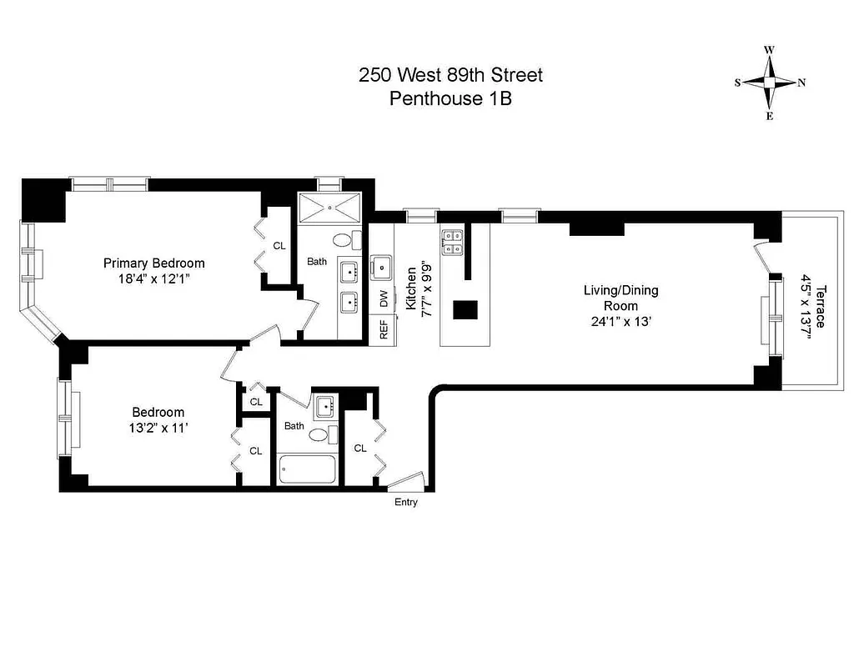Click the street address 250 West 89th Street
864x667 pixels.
click(450, 75)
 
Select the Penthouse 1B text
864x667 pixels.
click(450, 98)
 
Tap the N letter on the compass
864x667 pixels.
click(801, 83)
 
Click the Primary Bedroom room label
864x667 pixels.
click(153, 263)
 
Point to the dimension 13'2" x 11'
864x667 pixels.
click(158, 429)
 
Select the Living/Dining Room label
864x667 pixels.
click(620, 298)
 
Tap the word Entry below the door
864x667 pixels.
click(406, 502)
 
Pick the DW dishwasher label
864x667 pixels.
click(384, 298)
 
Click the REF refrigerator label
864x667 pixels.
click(384, 329)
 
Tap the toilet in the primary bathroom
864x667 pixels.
click(342, 241)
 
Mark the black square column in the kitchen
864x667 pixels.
click(465, 310)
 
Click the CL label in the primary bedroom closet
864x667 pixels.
click(279, 246)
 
